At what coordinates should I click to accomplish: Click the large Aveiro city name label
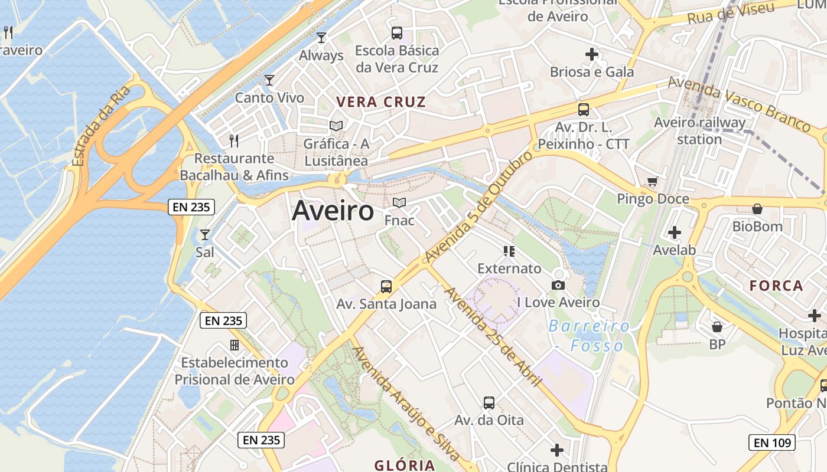tap(333, 211)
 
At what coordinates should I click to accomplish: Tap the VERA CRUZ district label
tap(381, 102)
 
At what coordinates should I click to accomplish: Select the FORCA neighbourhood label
tap(776, 286)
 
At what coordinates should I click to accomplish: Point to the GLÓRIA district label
tap(405, 465)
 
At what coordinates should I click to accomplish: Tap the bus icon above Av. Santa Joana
tap(386, 287)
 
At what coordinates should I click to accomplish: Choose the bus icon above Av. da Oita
tap(489, 403)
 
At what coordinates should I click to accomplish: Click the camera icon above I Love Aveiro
tap(558, 286)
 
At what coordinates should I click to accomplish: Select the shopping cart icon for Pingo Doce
tap(652, 182)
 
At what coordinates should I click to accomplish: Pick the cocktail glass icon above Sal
tap(205, 235)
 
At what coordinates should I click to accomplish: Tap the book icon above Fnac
tap(399, 203)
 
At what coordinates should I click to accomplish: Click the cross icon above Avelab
tap(675, 232)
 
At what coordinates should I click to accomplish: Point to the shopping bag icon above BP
tap(717, 326)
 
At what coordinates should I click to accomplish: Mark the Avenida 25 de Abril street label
tap(492, 336)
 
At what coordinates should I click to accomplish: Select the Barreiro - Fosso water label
tap(589, 335)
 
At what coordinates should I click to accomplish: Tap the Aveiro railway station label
tap(699, 131)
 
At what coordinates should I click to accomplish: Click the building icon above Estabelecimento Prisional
tap(235, 345)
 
